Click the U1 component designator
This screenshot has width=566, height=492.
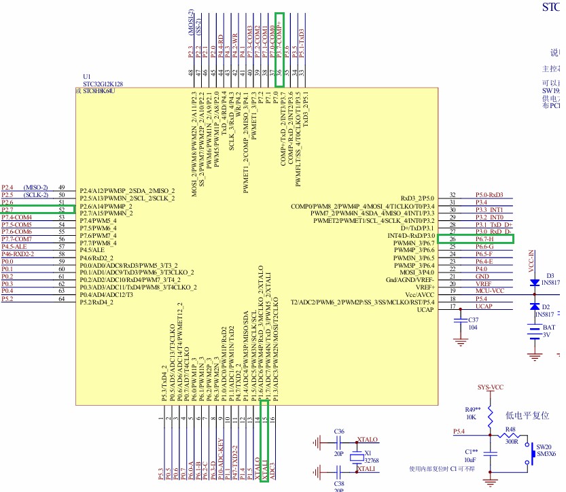(x=86, y=76)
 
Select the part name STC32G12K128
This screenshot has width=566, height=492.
(x=103, y=84)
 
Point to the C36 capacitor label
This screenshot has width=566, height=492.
(x=340, y=432)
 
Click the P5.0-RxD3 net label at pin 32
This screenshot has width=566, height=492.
(x=489, y=195)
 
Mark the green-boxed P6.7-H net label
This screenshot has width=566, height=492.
(x=484, y=239)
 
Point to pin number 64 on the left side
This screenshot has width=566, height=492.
(x=61, y=298)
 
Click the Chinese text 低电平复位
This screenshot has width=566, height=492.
(x=527, y=415)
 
